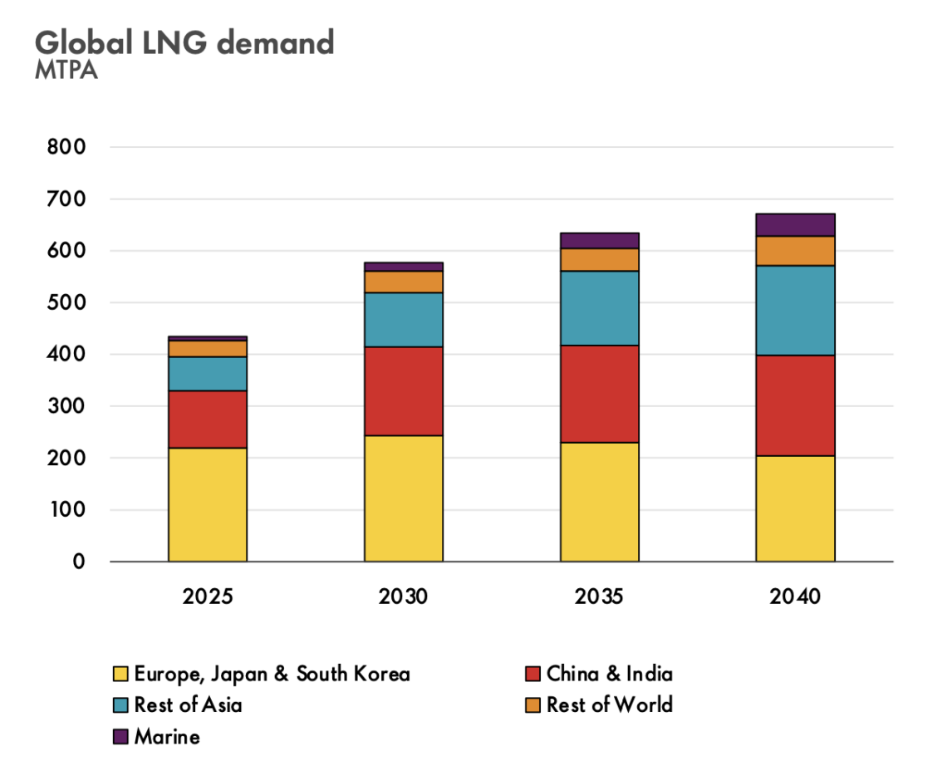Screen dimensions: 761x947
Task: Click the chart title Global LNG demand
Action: point(184,42)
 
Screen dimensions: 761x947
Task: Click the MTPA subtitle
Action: point(66,71)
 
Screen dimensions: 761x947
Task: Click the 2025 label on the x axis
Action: point(208,597)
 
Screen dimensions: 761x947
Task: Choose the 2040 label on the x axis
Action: point(795,597)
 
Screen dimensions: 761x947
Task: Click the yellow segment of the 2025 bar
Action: point(208,504)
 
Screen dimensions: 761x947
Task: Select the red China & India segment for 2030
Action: point(404,390)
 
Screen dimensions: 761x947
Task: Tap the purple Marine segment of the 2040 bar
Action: point(795,224)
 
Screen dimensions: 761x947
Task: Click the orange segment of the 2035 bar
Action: point(599,259)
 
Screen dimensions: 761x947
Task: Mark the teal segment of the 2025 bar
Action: point(208,373)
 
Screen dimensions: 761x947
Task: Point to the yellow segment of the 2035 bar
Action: point(599,501)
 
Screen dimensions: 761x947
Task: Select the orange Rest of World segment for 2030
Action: point(404,282)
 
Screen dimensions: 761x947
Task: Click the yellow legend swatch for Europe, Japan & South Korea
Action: point(120,674)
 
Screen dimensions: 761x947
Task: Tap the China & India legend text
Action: point(609,673)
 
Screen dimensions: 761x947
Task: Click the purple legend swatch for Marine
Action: point(120,736)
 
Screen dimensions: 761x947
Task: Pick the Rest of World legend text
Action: point(609,705)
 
